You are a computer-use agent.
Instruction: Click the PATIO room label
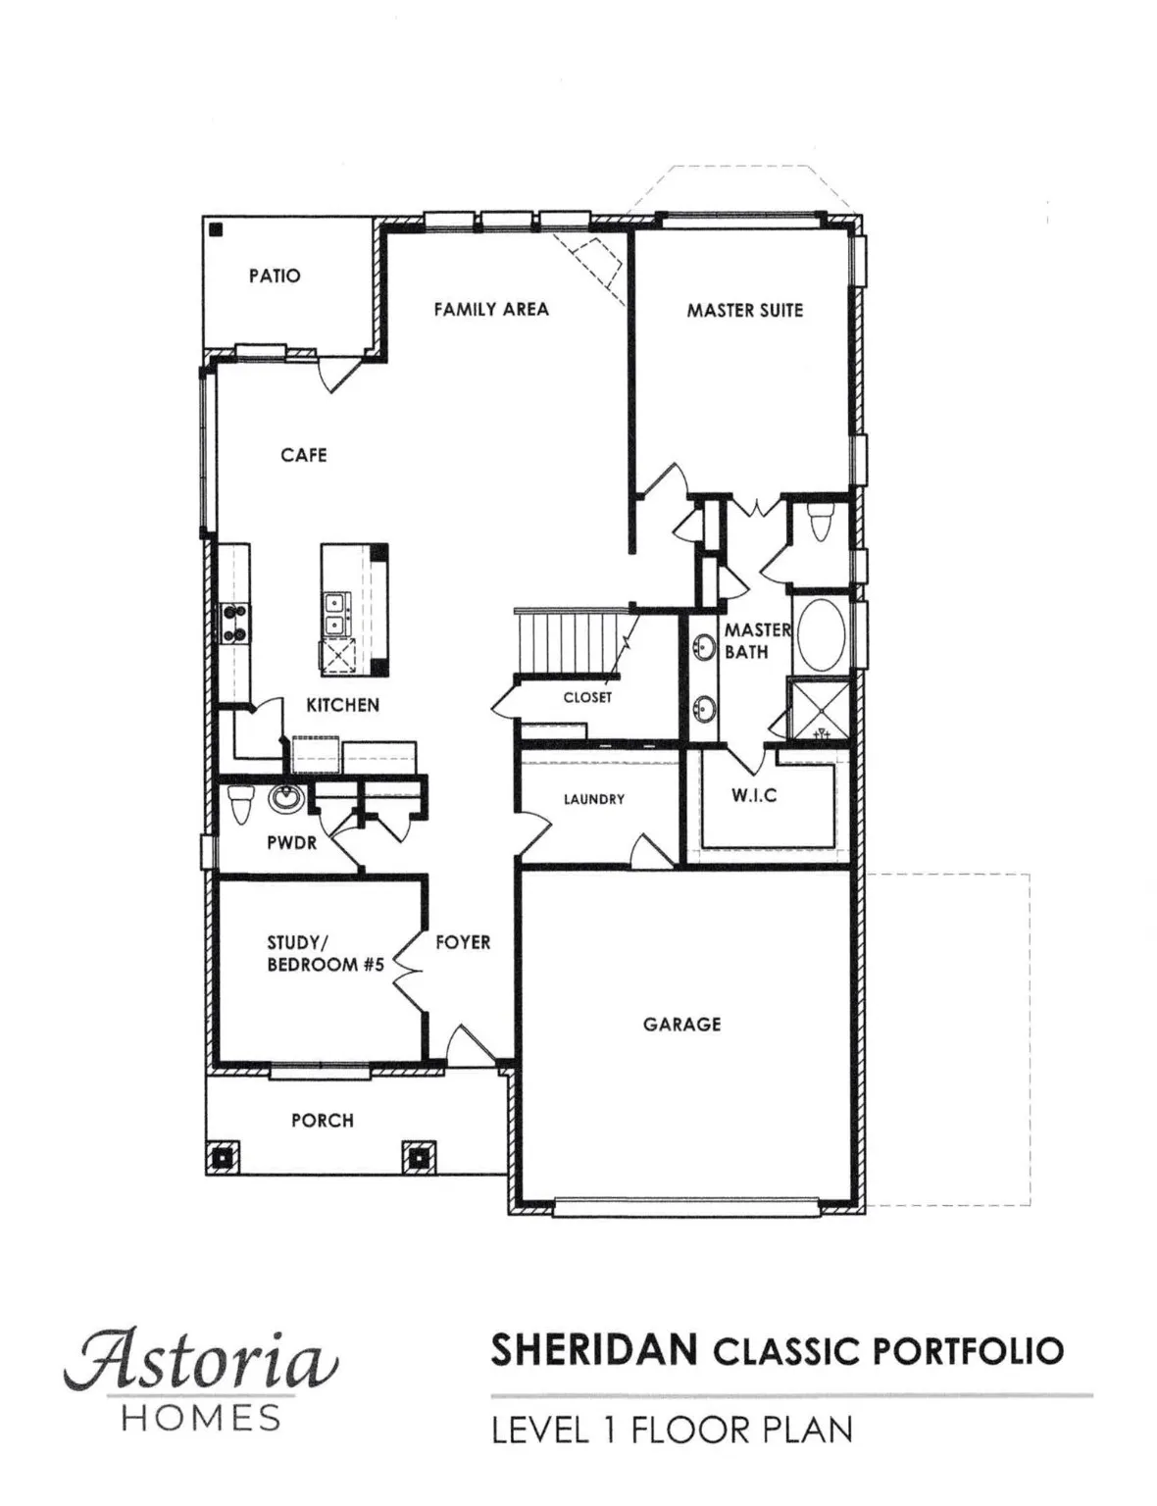(275, 276)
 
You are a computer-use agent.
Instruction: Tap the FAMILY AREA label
(491, 310)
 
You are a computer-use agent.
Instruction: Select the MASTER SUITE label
(744, 311)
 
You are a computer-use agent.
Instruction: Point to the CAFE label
(304, 455)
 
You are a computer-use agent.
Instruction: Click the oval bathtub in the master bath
(821, 635)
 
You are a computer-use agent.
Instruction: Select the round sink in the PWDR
(285, 799)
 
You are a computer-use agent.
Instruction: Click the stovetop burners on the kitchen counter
(235, 623)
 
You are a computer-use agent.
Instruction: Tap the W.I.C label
(754, 796)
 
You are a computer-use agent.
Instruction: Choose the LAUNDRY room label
(594, 800)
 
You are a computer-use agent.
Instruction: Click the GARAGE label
(682, 1025)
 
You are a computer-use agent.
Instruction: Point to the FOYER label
(463, 942)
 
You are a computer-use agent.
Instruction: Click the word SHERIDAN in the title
(595, 1351)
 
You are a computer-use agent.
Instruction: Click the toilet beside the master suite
(821, 522)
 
